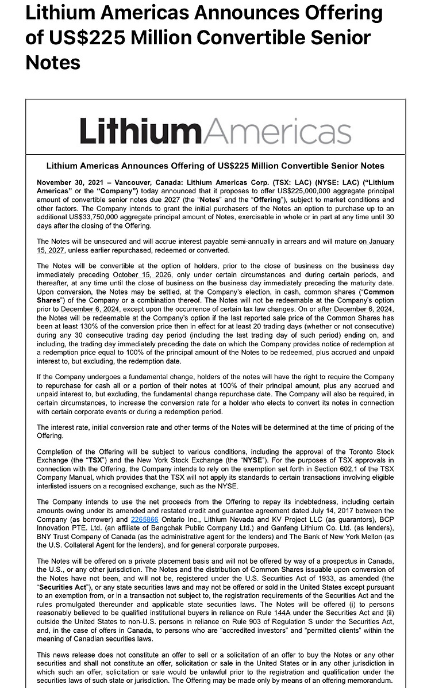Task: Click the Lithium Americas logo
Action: (x=215, y=131)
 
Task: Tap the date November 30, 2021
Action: (x=67, y=182)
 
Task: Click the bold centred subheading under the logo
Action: (x=215, y=166)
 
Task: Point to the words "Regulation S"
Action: (x=294, y=622)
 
